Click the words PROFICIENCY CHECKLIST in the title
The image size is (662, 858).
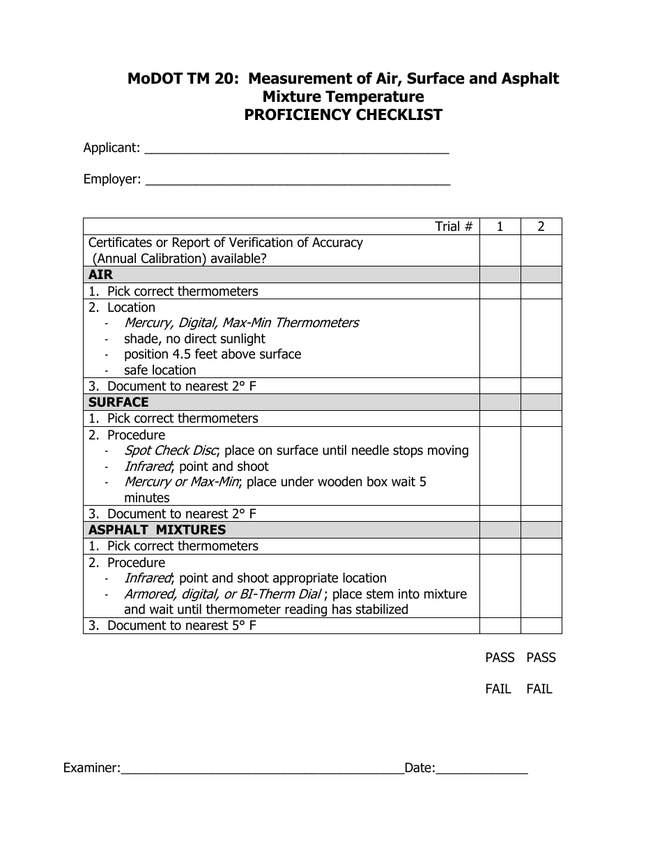[343, 115]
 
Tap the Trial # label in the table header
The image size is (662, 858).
[454, 227]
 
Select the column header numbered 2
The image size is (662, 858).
[541, 227]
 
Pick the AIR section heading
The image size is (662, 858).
[101, 275]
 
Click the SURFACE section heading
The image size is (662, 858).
[118, 402]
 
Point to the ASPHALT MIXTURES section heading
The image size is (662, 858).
[157, 530]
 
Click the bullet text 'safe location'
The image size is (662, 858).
[160, 370]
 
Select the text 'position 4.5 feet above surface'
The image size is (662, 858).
[213, 354]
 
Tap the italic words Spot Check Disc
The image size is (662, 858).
[171, 451]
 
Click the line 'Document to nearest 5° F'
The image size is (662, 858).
[181, 626]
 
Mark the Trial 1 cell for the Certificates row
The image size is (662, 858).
[500, 250]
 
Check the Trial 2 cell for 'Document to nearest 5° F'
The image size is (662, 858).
[541, 626]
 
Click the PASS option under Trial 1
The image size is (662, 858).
[500, 658]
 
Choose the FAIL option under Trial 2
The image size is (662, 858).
[539, 689]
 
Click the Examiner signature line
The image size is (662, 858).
[262, 769]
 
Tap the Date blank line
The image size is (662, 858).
[482, 769]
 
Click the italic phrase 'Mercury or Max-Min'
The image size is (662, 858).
[182, 482]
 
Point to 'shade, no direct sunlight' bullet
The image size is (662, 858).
[194, 339]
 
